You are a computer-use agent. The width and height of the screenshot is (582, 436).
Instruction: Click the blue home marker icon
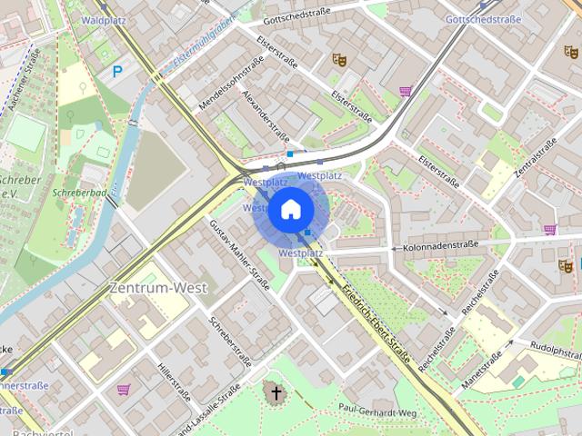pyautogui.click(x=291, y=210)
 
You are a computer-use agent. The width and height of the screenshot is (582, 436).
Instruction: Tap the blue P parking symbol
pyautogui.click(x=116, y=72)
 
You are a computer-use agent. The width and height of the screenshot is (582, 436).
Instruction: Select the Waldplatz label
pyautogui.click(x=103, y=19)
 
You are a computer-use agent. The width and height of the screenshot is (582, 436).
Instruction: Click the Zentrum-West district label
pyautogui.click(x=158, y=288)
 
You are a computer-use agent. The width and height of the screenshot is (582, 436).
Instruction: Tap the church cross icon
pyautogui.click(x=274, y=392)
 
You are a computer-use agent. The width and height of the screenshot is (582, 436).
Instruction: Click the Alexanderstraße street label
pyautogui.click(x=265, y=115)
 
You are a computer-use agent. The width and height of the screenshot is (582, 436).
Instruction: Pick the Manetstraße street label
pyautogui.click(x=481, y=370)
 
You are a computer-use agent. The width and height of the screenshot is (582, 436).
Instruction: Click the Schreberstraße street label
pyautogui.click(x=228, y=337)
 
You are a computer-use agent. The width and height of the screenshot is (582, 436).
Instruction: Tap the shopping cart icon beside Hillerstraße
pyautogui.click(x=123, y=390)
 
